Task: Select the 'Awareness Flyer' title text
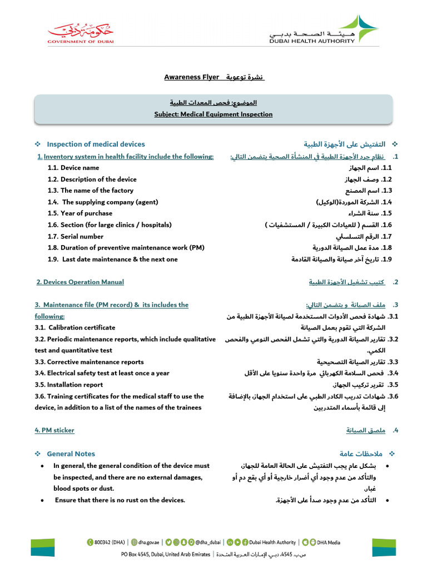(191, 77)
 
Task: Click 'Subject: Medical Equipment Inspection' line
(213, 114)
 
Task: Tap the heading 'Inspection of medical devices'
(96, 144)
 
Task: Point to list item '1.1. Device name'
(73, 168)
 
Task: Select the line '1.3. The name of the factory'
(91, 191)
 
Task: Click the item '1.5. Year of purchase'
(80, 213)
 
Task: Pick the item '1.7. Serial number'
(76, 236)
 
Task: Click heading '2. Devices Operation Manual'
(80, 282)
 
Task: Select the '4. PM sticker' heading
(54, 431)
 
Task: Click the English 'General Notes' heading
(71, 454)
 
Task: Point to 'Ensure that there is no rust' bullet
(120, 500)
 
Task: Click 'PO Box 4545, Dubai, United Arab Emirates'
(166, 554)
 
